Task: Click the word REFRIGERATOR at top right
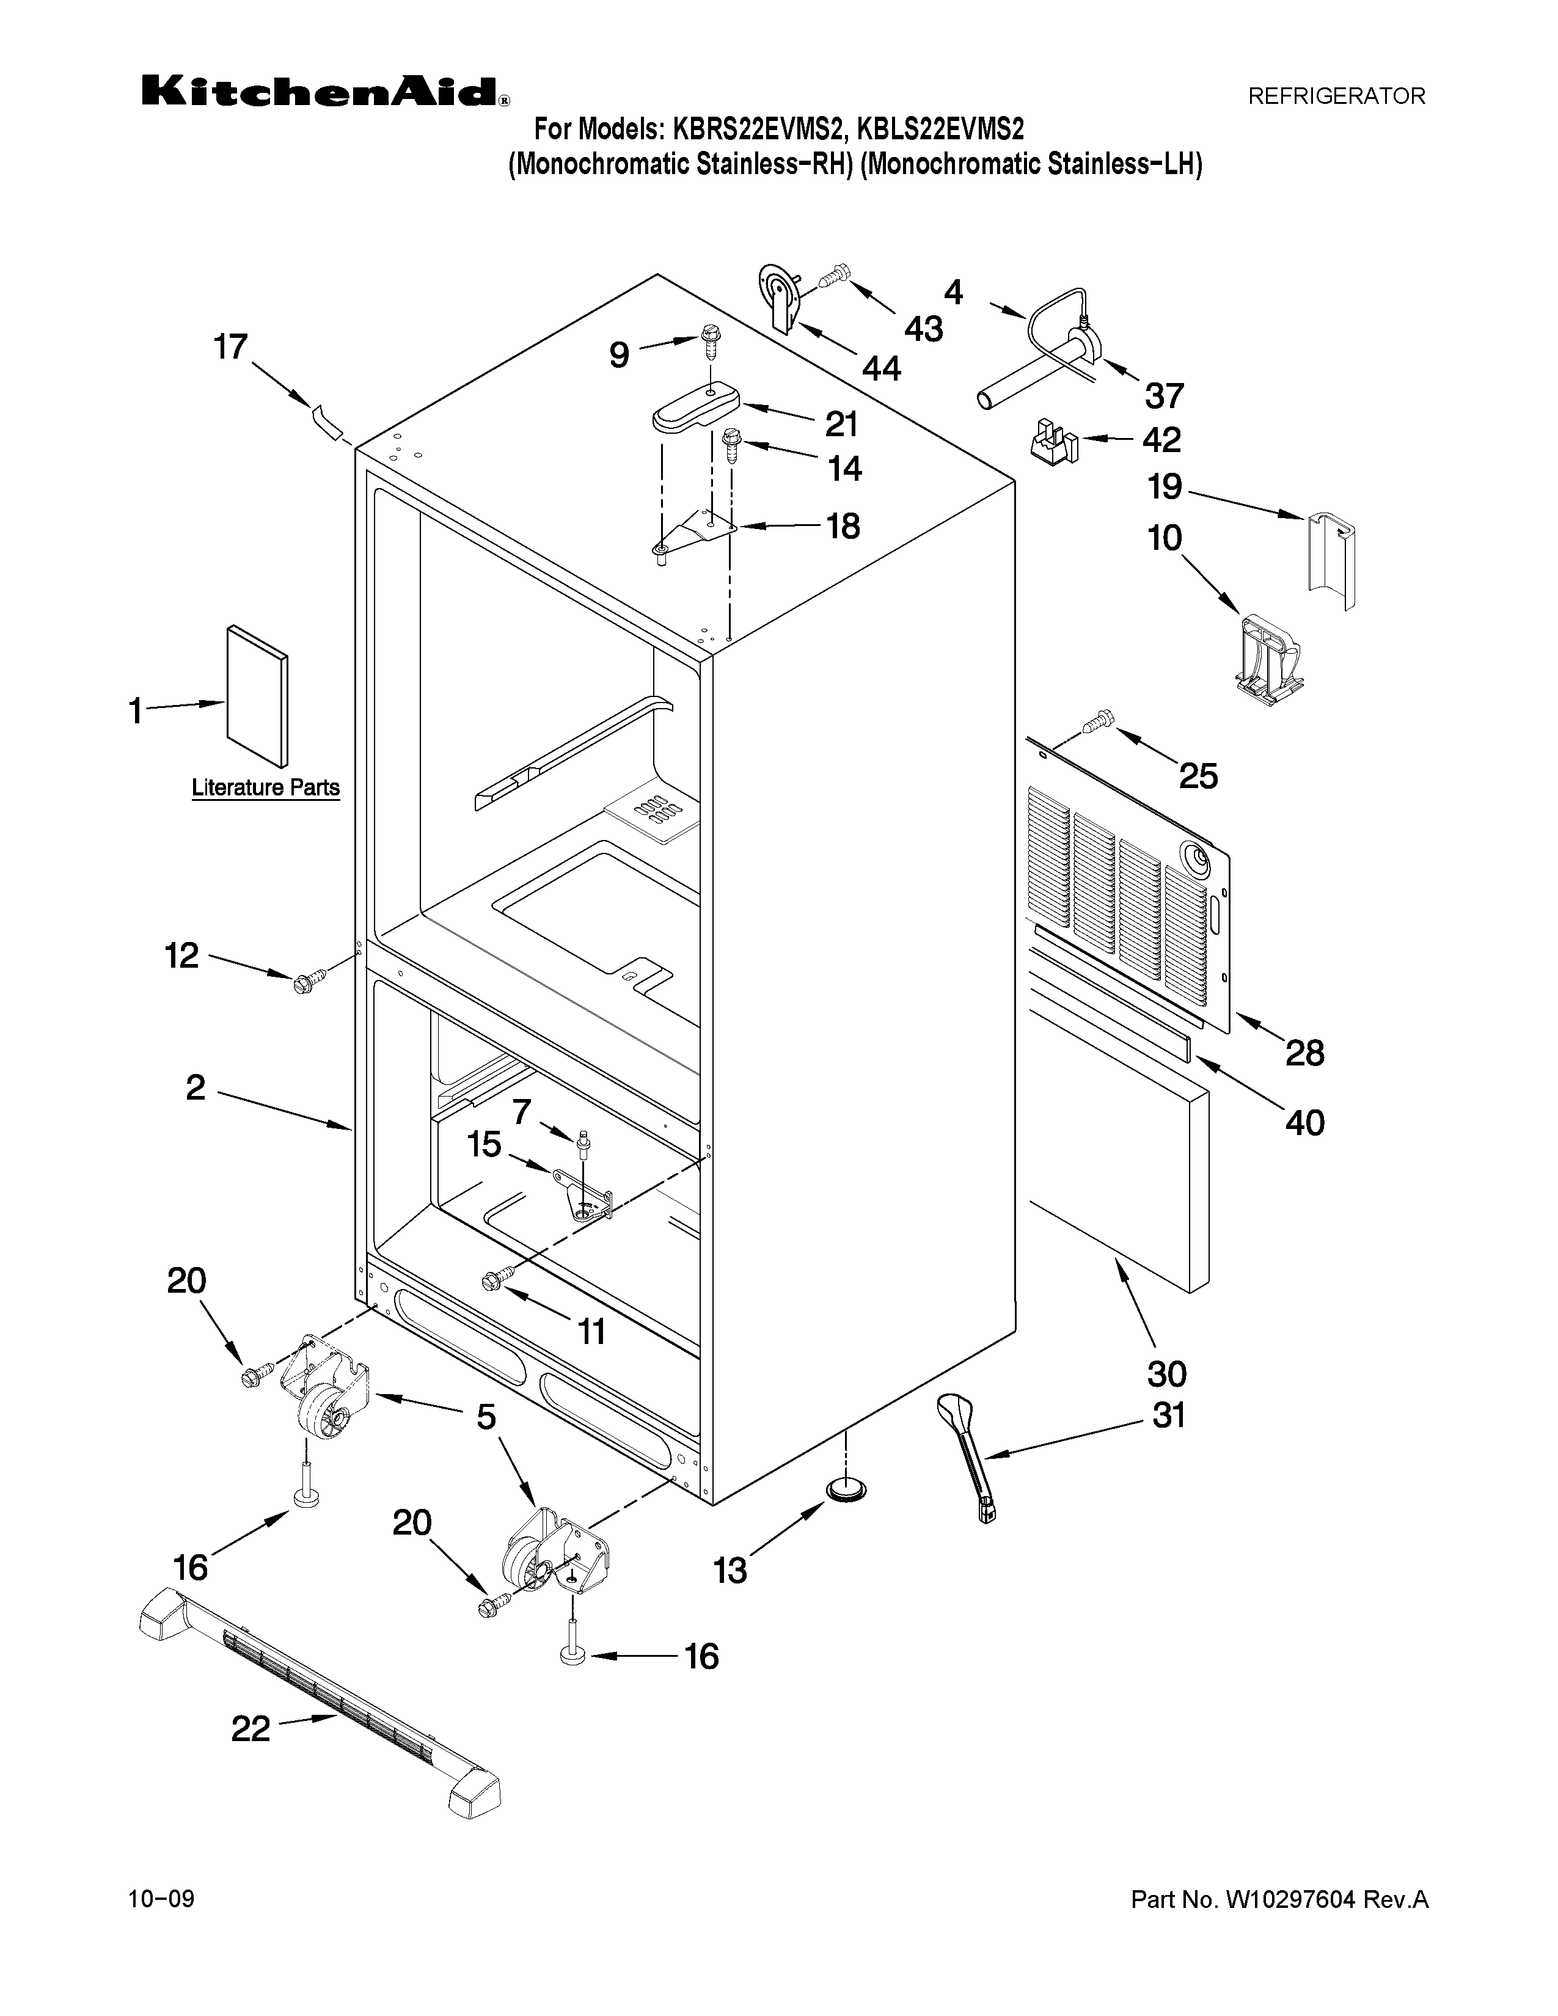(x=1336, y=96)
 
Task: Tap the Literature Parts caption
(x=265, y=787)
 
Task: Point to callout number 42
(x=1161, y=439)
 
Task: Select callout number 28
(x=1304, y=1053)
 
